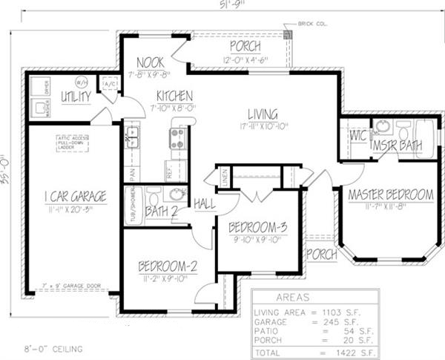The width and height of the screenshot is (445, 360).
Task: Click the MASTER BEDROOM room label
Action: click(x=390, y=194)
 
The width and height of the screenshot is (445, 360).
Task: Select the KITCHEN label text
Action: click(x=175, y=96)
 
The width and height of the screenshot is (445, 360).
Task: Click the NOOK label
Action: click(x=151, y=63)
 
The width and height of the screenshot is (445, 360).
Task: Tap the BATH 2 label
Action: click(x=160, y=212)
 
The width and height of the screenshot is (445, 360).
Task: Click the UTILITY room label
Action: click(x=76, y=96)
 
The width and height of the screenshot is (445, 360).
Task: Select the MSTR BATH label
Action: click(x=397, y=145)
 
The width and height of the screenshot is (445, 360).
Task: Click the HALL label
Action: click(x=205, y=203)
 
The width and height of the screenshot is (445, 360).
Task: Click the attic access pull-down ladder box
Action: click(x=72, y=144)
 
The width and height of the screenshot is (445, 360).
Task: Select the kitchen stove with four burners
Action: click(x=178, y=137)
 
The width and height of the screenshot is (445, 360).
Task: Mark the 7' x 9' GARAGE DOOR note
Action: click(x=70, y=285)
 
